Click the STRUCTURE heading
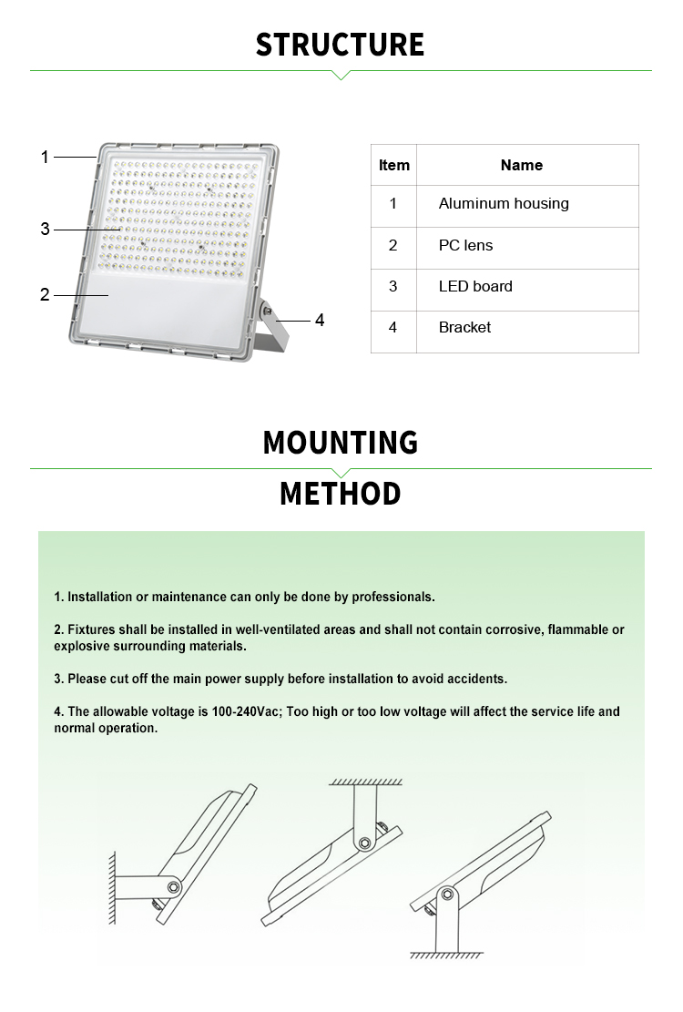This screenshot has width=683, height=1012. pyautogui.click(x=340, y=45)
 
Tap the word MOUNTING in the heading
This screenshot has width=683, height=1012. pyautogui.click(x=341, y=443)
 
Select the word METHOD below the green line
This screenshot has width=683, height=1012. pyautogui.click(x=341, y=494)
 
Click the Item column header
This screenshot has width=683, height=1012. pyautogui.click(x=393, y=165)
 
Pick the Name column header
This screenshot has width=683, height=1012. pyautogui.click(x=521, y=165)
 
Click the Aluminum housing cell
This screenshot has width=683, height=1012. pyautogui.click(x=504, y=204)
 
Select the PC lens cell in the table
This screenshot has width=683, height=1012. pyautogui.click(x=465, y=245)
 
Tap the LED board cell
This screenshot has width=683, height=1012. pyautogui.click(x=475, y=286)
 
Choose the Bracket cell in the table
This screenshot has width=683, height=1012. pyautogui.click(x=464, y=327)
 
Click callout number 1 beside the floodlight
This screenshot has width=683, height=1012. pyautogui.click(x=45, y=158)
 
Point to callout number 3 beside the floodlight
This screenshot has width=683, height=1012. pyautogui.click(x=45, y=230)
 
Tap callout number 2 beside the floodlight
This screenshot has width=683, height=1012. pyautogui.click(x=45, y=295)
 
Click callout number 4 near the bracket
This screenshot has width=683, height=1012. pyautogui.click(x=320, y=321)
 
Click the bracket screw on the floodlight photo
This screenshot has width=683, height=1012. pyautogui.click(x=268, y=312)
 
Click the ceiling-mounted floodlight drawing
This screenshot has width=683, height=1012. pyautogui.click(x=333, y=852)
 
